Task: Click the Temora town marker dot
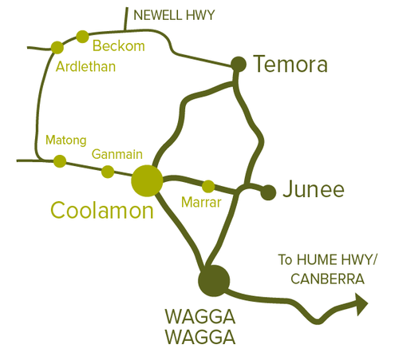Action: coord(238,63)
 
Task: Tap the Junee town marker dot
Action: coord(268,192)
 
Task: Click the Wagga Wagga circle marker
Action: coord(213,279)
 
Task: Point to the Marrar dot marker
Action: coord(208,186)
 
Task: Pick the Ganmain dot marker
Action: coord(108,171)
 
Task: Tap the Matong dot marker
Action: coord(60,161)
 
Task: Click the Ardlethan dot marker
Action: coord(57,47)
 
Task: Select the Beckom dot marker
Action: coord(82,35)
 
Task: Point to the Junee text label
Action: coord(315,190)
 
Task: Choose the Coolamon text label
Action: coord(101,211)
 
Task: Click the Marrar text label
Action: coord(200,204)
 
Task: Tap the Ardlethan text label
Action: coord(86,66)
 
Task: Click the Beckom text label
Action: coord(119,45)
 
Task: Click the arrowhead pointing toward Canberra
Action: coord(361,303)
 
